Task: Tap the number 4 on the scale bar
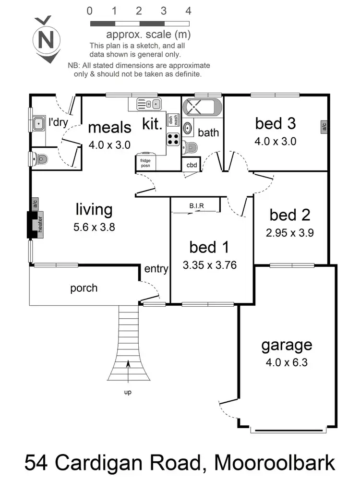pos(189,11)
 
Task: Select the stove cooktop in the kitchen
pos(173,139)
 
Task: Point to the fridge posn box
pos(145,162)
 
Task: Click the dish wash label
pos(173,120)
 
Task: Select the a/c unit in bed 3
pos(324,127)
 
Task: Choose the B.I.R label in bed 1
pos(196,206)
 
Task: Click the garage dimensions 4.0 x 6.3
pos(287,362)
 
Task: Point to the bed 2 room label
pos(289,215)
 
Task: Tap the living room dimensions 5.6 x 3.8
pos(94,228)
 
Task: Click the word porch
pos(84,288)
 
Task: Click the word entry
pos(156,269)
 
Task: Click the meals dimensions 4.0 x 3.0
pos(109,144)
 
